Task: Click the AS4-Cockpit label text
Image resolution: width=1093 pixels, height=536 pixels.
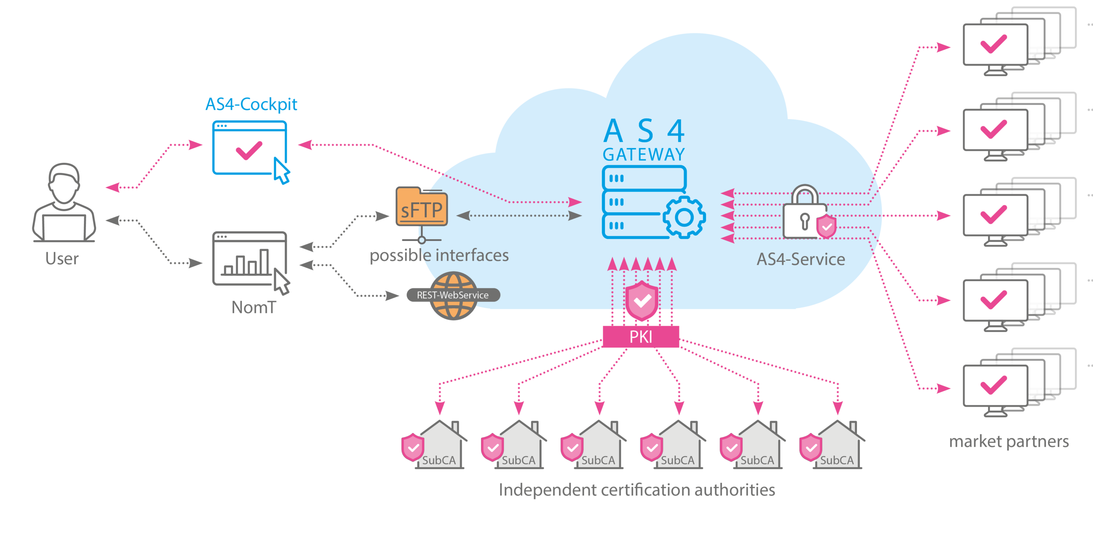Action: coord(251,104)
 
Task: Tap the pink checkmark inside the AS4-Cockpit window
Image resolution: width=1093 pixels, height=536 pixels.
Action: coord(249,150)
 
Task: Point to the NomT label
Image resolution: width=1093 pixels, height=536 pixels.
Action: coord(254,307)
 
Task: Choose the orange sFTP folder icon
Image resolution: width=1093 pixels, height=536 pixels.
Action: coord(421,208)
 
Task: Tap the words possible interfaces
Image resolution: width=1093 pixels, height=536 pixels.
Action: coord(439,255)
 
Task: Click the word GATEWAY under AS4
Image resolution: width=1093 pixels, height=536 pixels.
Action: coord(644,155)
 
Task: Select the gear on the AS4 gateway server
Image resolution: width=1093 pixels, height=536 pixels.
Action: coord(684,217)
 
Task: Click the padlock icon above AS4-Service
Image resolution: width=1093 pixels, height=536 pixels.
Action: coord(805,212)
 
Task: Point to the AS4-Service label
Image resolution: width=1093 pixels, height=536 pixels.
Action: coord(801,259)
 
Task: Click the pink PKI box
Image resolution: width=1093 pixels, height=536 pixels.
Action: coord(641,337)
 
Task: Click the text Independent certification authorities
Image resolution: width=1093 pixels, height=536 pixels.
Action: coord(636,490)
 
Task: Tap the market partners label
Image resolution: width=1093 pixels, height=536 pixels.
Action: coord(1009,442)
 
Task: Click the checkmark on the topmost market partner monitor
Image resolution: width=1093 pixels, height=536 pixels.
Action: coord(994,44)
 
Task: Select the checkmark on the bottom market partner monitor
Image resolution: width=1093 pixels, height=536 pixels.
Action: coord(994,385)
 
